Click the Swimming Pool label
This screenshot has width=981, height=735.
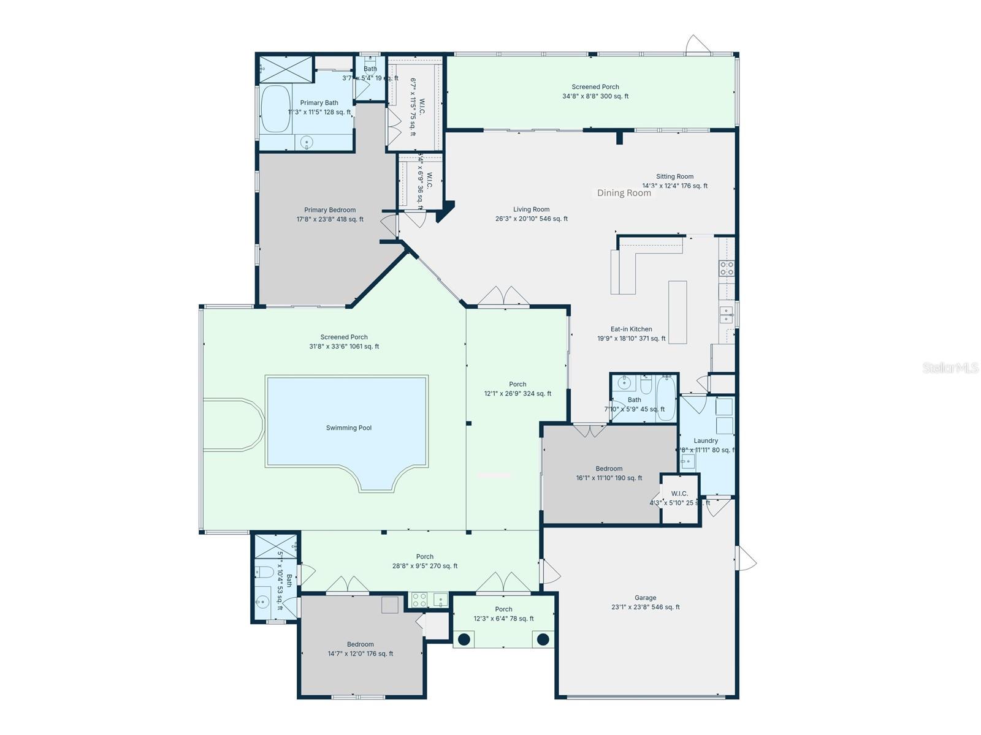pyautogui.click(x=348, y=428)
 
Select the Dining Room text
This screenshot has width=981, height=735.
pyautogui.click(x=624, y=193)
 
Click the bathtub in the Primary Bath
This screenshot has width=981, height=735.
pyautogui.click(x=275, y=108)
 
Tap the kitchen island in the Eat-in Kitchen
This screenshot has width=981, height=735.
pyautogui.click(x=678, y=312)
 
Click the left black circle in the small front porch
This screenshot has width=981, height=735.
pyautogui.click(x=464, y=639)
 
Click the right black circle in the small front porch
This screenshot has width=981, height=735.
pyautogui.click(x=543, y=639)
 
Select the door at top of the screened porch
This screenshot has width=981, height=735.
pyautogui.click(x=698, y=45)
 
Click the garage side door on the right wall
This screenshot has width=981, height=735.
pyautogui.click(x=746, y=559)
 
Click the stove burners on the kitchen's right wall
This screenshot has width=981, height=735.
pyautogui.click(x=727, y=268)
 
